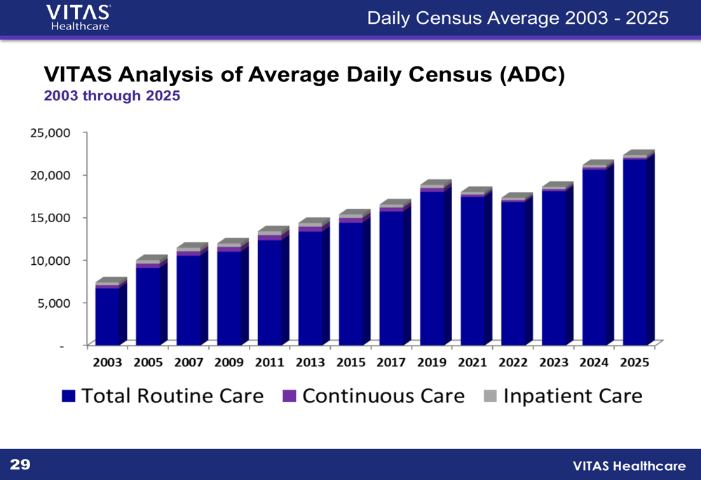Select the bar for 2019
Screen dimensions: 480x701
[x=432, y=266]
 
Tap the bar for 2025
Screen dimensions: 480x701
[x=634, y=252]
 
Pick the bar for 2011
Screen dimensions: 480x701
[x=270, y=291]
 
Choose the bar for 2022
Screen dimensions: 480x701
[x=513, y=273]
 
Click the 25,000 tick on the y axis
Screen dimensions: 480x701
[x=50, y=132]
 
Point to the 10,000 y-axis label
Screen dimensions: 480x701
[x=50, y=260]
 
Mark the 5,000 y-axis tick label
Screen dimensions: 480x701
[x=53, y=303]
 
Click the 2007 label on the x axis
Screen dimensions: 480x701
[x=189, y=362]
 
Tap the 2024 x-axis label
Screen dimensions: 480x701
[x=594, y=362]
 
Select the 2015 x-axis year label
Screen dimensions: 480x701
[x=350, y=362]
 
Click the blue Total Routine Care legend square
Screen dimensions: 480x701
[x=68, y=397]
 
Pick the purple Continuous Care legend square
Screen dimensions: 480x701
[x=289, y=397]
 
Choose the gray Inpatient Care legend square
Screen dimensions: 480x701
[x=490, y=397]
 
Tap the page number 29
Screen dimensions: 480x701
[x=20, y=464]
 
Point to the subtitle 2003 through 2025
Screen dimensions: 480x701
[x=112, y=96]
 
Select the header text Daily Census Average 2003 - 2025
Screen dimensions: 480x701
[x=517, y=18]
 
